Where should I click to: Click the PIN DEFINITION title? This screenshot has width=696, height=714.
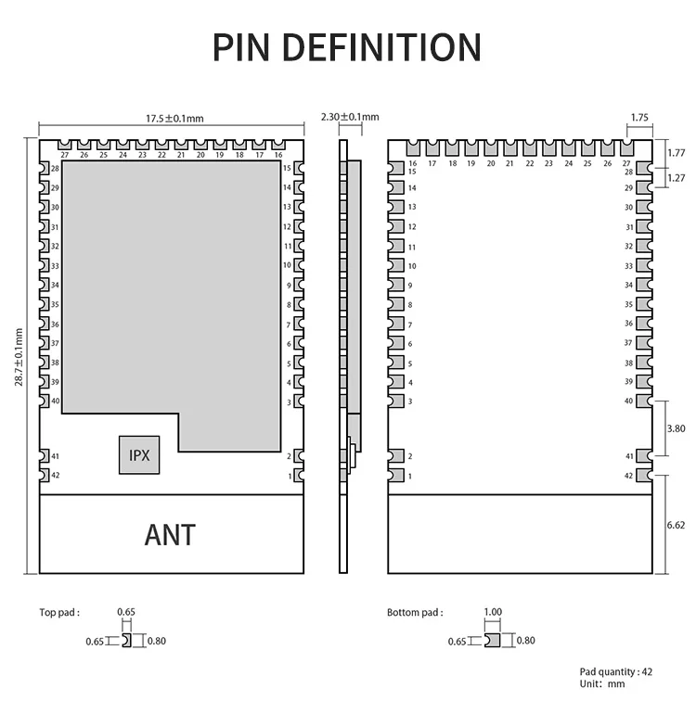(347, 46)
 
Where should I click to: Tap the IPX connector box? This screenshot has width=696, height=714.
(139, 455)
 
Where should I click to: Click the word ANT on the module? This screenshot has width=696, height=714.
(170, 534)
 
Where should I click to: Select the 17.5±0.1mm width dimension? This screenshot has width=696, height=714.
(174, 118)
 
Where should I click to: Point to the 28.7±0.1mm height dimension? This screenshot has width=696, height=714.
(19, 352)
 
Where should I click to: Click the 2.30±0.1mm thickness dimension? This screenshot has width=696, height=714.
(350, 117)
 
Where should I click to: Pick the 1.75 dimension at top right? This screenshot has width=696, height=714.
(638, 118)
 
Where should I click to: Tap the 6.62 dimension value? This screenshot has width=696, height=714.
(677, 524)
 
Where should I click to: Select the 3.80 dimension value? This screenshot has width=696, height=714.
(677, 428)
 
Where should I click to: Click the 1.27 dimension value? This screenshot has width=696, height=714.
(677, 178)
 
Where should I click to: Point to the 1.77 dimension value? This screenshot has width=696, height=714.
(677, 152)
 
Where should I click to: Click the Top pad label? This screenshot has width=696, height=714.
(58, 612)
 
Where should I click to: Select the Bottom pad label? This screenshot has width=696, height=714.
(415, 612)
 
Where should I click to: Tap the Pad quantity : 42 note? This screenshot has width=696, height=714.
(616, 671)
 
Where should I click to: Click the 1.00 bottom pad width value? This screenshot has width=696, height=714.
(493, 612)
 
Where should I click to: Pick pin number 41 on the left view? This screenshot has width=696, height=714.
(56, 456)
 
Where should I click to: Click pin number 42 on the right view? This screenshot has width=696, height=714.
(629, 476)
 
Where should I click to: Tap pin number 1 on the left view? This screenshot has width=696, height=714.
(290, 476)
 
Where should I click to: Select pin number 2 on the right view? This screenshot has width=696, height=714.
(410, 456)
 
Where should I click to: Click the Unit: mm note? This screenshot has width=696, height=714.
(602, 683)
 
